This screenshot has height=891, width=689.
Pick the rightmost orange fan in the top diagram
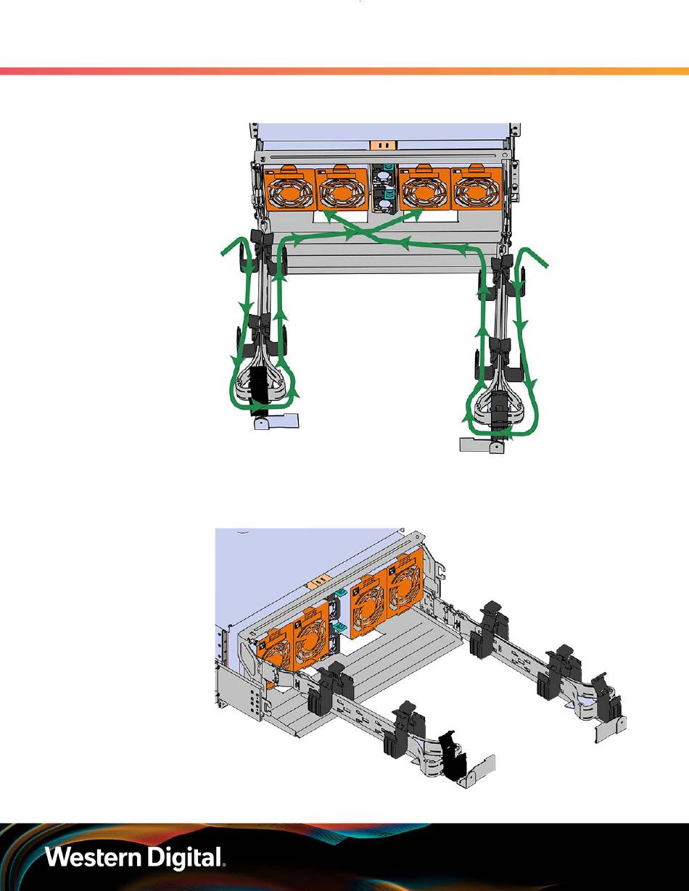(476, 188)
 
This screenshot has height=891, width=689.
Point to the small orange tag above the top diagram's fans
(383, 145)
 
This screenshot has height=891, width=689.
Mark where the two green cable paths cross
(360, 233)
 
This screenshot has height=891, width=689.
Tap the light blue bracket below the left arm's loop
(276, 420)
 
